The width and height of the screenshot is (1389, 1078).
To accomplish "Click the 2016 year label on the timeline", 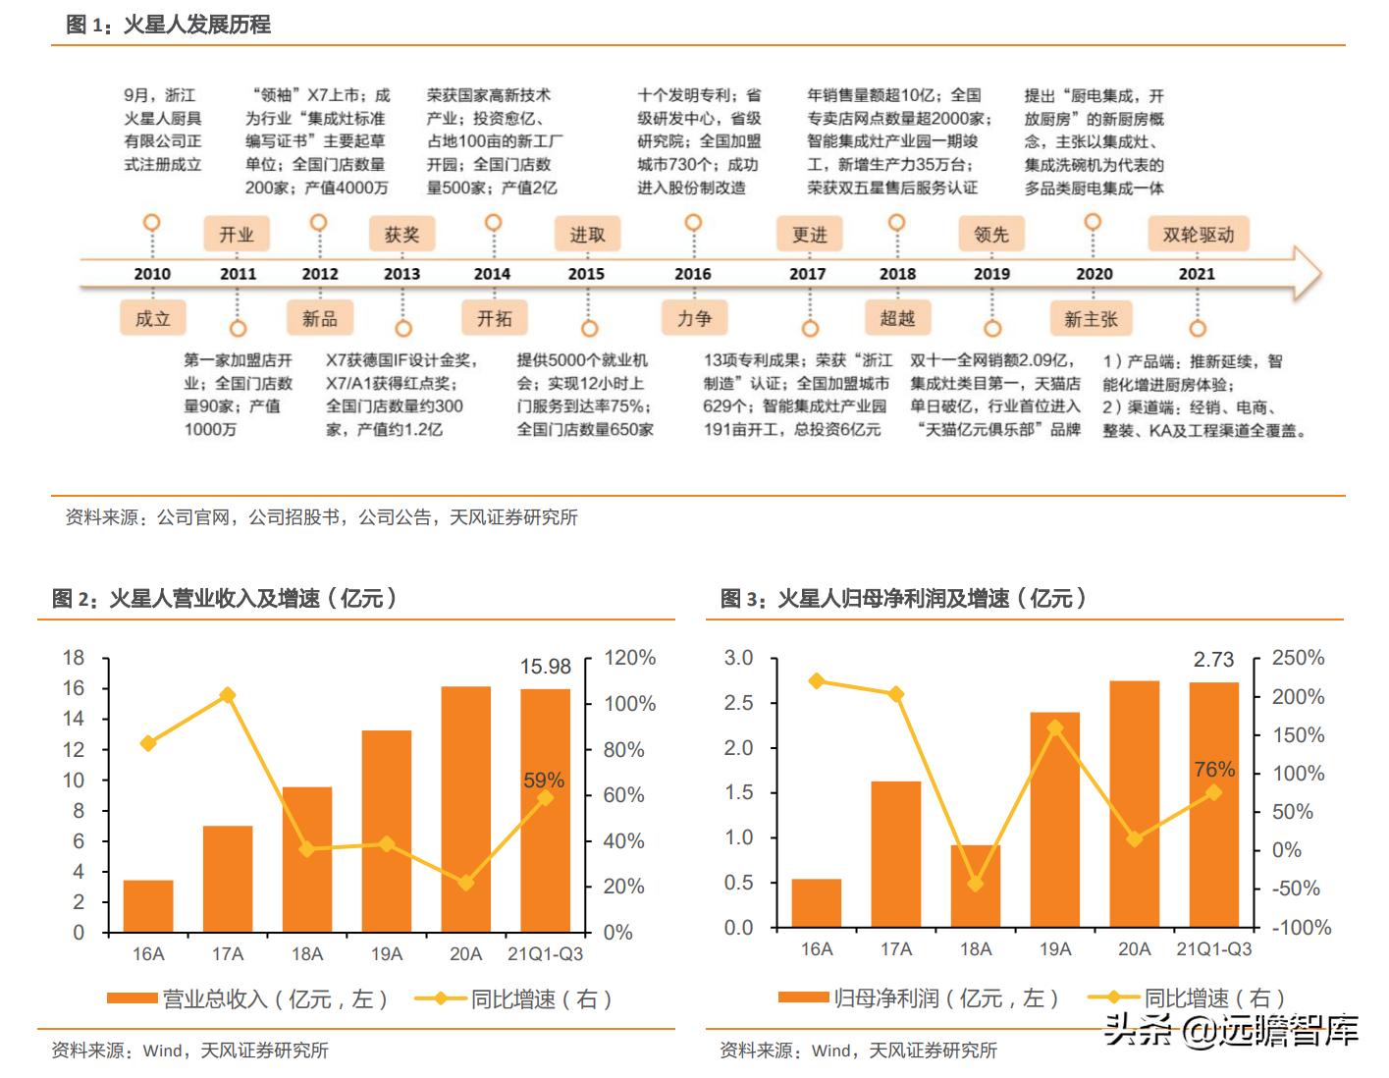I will tap(692, 274).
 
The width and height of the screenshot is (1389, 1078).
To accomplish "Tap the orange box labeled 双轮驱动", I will tap(1198, 235).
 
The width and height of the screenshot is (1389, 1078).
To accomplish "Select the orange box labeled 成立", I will tap(152, 318).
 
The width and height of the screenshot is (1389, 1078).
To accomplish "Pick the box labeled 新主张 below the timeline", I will tap(1091, 318).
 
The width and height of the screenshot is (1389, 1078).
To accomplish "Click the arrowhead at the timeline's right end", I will tap(1307, 273).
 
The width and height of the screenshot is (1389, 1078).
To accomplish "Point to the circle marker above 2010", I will tap(151, 223).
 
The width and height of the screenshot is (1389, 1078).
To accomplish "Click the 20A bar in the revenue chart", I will tap(465, 809).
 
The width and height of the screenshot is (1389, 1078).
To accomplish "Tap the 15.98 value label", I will tap(545, 667).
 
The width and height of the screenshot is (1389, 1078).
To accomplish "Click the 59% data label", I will tap(543, 781).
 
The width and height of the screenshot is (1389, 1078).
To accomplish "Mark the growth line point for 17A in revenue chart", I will tap(228, 695).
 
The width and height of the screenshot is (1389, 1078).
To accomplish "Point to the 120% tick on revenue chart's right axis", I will tap(629, 658).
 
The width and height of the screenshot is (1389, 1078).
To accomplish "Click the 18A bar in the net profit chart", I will tap(975, 887).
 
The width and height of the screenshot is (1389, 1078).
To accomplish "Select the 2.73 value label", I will tap(1213, 660).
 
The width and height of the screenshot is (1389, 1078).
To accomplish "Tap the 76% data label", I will tap(1214, 770).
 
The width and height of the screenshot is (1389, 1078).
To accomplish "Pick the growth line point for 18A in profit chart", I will tap(975, 884).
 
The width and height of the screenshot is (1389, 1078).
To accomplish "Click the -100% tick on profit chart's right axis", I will tap(1302, 927).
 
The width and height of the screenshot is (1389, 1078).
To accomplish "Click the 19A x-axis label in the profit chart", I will tap(1055, 949).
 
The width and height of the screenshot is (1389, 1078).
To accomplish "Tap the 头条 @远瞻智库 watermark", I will tap(1231, 1030).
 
